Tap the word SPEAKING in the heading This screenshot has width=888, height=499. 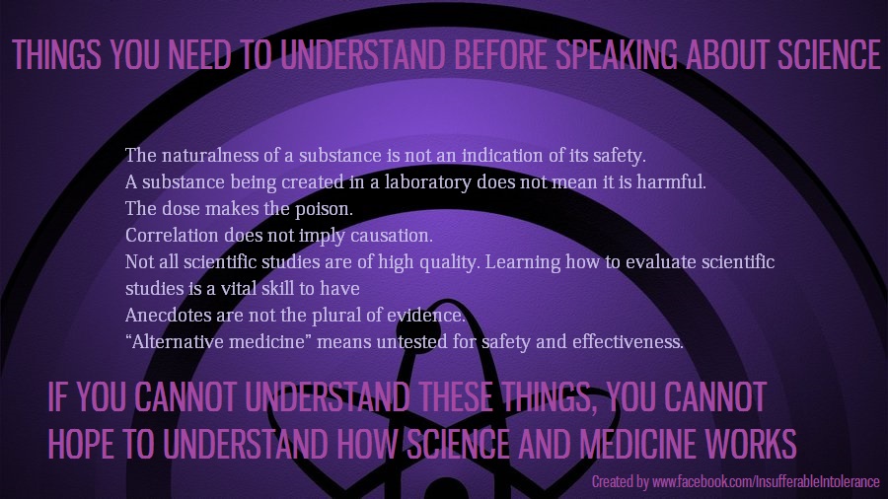pyautogui.click(x=617, y=54)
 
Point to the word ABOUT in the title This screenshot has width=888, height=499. pyautogui.click(x=728, y=54)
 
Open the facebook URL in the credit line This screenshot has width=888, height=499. pyautogui.click(x=766, y=482)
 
